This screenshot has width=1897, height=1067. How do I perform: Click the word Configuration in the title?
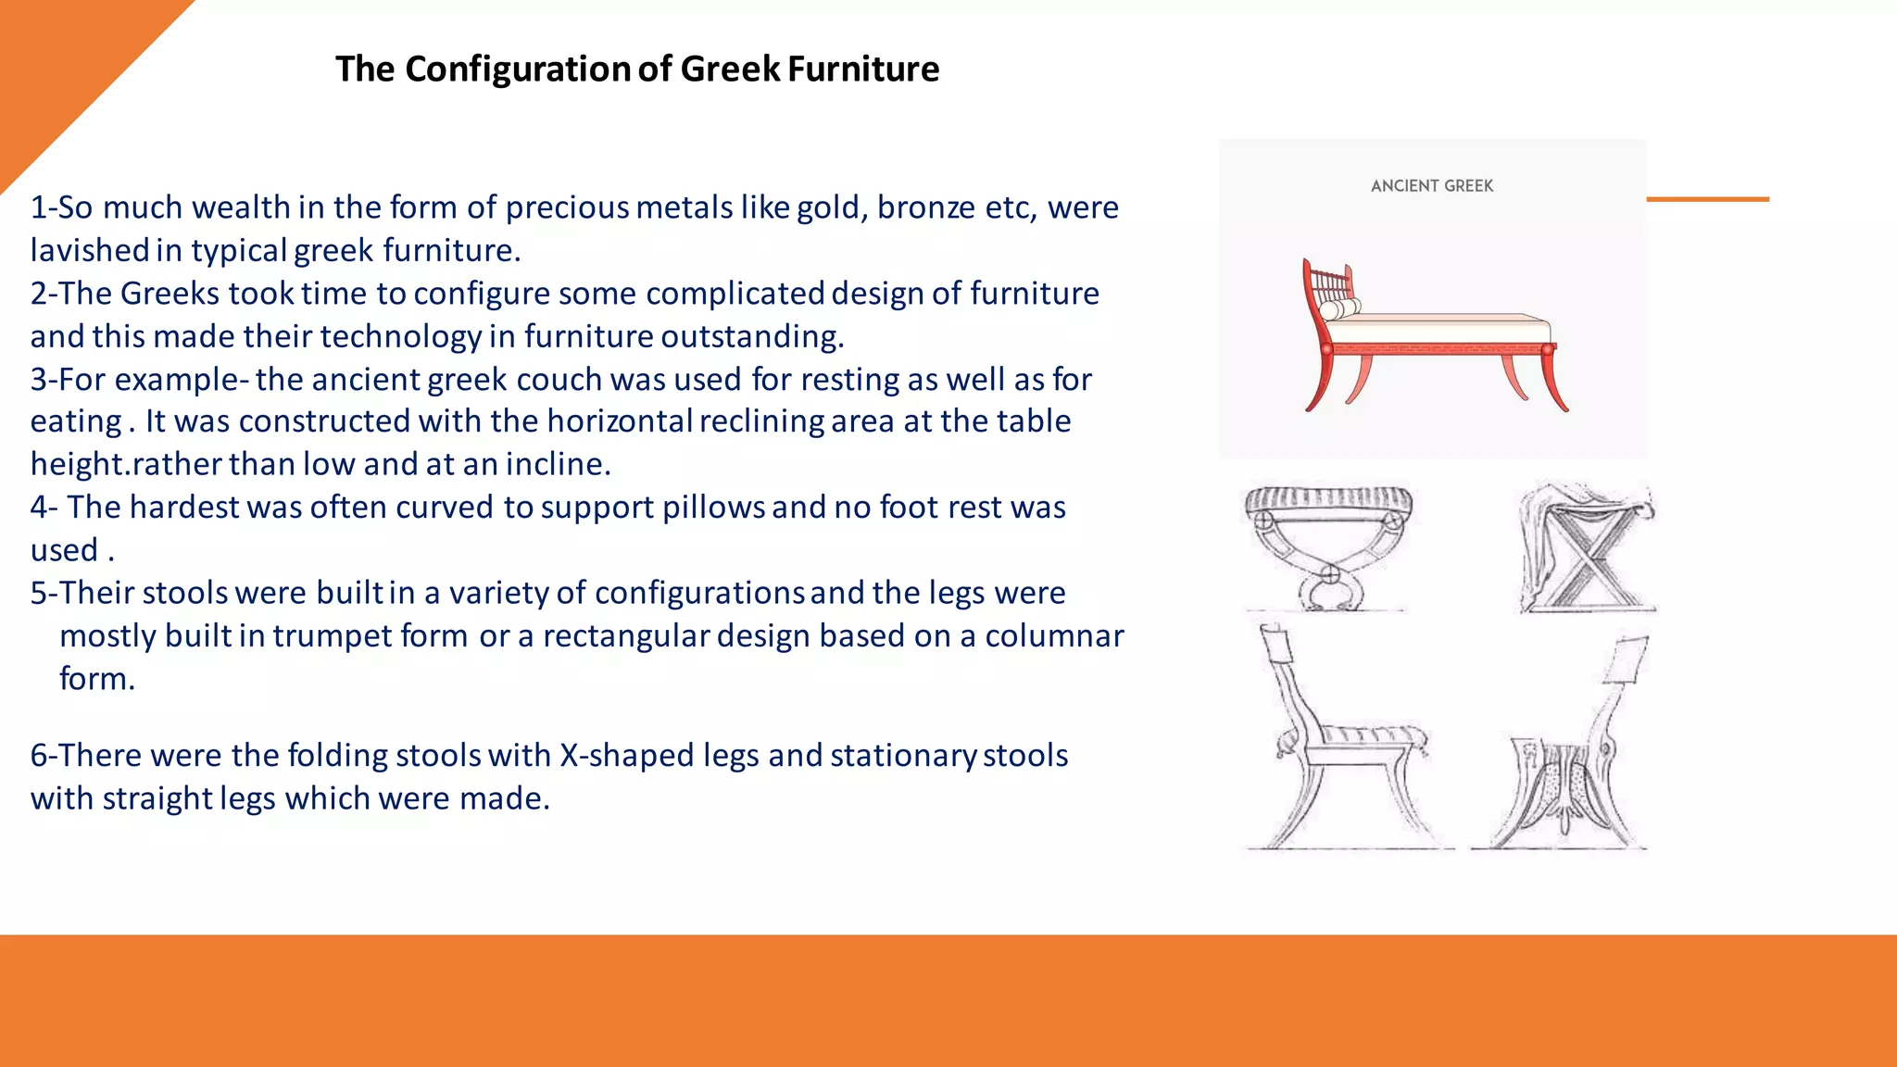pyautogui.click(x=518, y=69)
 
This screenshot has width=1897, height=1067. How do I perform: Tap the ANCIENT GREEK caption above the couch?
pyautogui.click(x=1432, y=186)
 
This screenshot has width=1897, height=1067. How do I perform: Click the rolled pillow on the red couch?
pyautogui.click(x=1339, y=309)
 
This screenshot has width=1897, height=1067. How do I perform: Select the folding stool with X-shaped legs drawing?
pyautogui.click(x=1586, y=547)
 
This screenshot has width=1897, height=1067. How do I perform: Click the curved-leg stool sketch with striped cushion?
pyautogui.click(x=1329, y=546)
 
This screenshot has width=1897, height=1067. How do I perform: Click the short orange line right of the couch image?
pyautogui.click(x=1707, y=199)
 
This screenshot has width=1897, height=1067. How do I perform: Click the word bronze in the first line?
pyautogui.click(x=926, y=207)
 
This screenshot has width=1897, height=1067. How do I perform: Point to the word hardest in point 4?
pyautogui.click(x=184, y=508)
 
